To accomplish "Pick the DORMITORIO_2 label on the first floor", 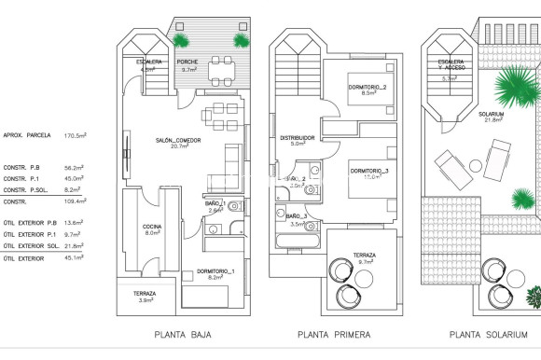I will point(368,87).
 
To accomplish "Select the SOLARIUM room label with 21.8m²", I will point(492,114).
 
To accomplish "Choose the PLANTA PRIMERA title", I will point(334,335).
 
